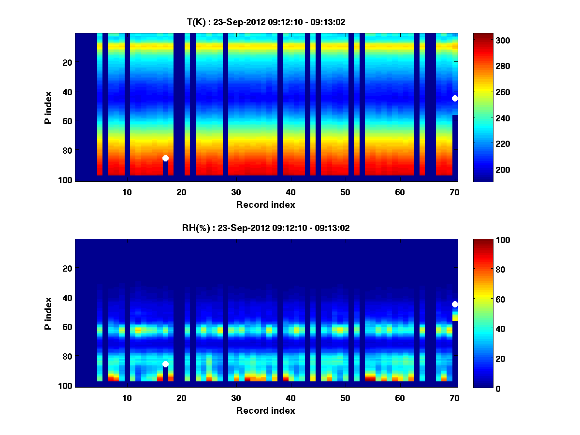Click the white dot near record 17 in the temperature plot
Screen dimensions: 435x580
pyautogui.click(x=165, y=158)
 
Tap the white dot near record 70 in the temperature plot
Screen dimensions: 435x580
pyautogui.click(x=455, y=98)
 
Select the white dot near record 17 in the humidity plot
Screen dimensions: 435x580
pyautogui.click(x=165, y=364)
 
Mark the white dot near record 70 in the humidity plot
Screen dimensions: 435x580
pyautogui.click(x=455, y=304)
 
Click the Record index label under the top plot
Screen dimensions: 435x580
pyautogui.click(x=265, y=204)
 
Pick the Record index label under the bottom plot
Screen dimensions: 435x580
pyautogui.click(x=265, y=410)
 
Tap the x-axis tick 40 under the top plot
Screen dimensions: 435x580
pyautogui.click(x=290, y=192)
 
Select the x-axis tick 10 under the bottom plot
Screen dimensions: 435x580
pyautogui.click(x=127, y=398)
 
